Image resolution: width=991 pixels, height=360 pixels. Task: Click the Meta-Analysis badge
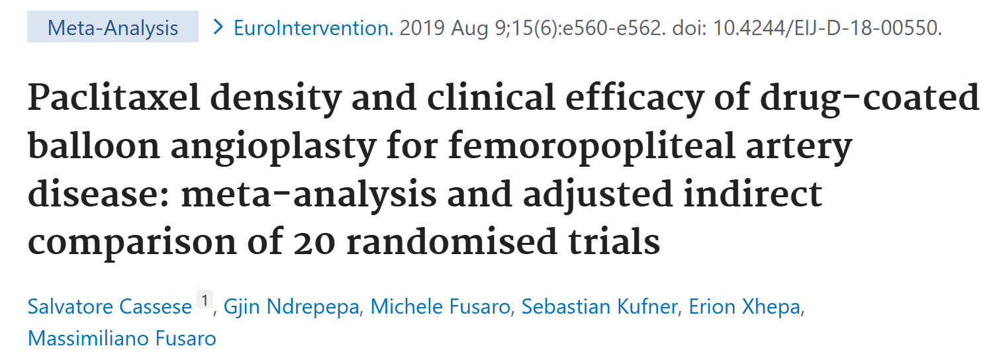pyautogui.click(x=113, y=28)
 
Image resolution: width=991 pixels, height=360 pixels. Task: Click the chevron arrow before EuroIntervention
pyautogui.click(x=217, y=28)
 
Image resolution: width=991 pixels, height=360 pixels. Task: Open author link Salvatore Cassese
pyautogui.click(x=109, y=307)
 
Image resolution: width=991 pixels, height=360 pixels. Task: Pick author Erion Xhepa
pyautogui.click(x=744, y=307)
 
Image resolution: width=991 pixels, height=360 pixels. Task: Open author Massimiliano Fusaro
pyautogui.click(x=122, y=338)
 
